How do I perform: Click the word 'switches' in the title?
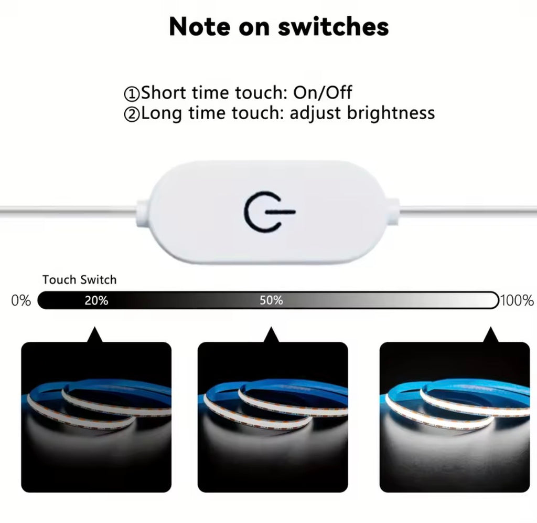(x=333, y=27)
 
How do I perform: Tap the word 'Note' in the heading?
(x=200, y=27)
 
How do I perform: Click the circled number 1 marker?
(x=132, y=93)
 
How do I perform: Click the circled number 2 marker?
(x=132, y=114)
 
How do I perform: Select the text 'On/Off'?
(x=323, y=92)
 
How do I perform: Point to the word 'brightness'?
(x=391, y=113)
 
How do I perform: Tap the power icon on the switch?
(x=270, y=212)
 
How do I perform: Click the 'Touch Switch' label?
(x=80, y=280)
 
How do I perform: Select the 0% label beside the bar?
(x=21, y=300)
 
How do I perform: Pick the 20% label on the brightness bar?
(x=96, y=300)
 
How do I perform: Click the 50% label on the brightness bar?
(x=271, y=300)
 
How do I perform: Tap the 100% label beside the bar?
(x=517, y=300)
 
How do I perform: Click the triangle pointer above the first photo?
(x=95, y=335)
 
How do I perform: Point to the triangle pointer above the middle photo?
(x=272, y=335)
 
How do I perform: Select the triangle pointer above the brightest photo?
(x=491, y=335)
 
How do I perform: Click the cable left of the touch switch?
(x=69, y=210)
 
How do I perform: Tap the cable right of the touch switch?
(x=468, y=210)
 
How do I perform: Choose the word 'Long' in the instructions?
(x=162, y=113)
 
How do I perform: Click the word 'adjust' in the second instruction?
(x=315, y=113)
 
